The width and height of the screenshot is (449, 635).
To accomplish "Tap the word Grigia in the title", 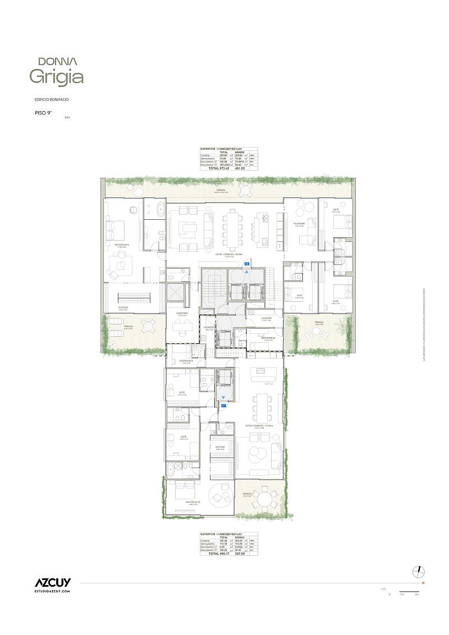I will pos(57,77).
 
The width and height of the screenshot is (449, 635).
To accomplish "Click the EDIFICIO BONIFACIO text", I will pos(52,99).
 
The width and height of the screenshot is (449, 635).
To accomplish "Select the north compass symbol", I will pos(418,571).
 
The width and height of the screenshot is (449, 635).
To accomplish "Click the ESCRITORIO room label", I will pos(182,313).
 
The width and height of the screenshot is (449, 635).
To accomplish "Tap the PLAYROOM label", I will pos(299,223).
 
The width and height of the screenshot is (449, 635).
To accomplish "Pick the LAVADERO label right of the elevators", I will pos(267,318).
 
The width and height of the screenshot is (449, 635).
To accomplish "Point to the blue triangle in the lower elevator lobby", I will pos(223,398).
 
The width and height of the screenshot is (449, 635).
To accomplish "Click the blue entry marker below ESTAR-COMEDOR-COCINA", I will pos(246,263).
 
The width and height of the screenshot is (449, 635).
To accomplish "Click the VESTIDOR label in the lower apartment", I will pos(219,447).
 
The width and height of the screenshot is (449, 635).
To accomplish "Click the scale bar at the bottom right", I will pos(410,592).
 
